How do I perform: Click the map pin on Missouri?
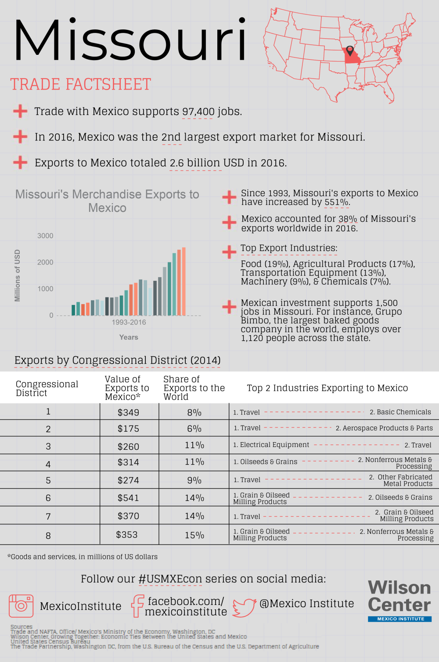point(350,50)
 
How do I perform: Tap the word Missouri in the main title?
point(130,40)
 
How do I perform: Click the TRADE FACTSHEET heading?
point(80,84)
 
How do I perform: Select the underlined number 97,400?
point(198,111)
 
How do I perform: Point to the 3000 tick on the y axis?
point(45,236)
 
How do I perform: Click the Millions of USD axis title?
point(18,276)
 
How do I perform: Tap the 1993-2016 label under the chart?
point(129,322)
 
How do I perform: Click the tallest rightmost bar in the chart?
point(184,281)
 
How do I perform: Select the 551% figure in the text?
point(337,202)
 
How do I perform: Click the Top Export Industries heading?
point(289,248)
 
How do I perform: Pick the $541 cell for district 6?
point(128,498)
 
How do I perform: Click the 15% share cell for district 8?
point(194,535)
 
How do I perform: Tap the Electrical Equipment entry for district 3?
point(271,445)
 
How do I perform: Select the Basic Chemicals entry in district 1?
point(400,412)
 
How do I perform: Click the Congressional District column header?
point(47,388)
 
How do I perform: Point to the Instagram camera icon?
point(21,606)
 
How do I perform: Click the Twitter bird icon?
point(245,607)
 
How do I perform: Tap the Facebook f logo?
point(137,606)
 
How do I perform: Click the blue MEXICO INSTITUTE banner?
point(399,619)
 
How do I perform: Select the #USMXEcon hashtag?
point(170,579)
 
